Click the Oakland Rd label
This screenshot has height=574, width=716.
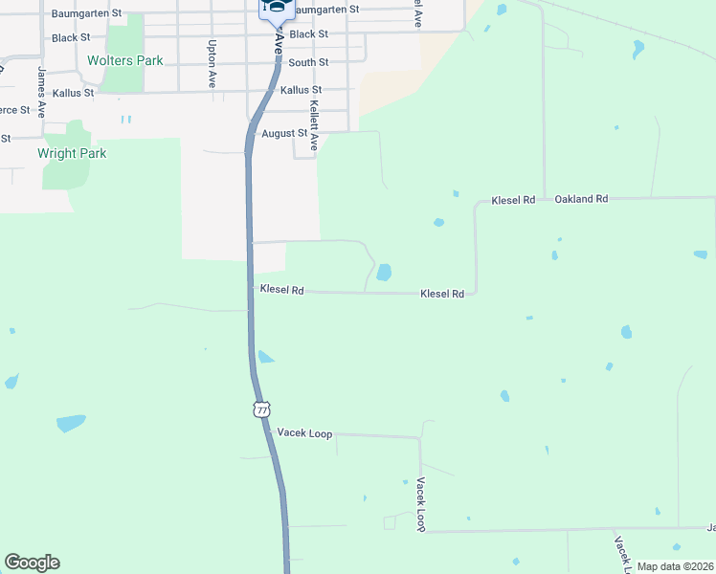click(581, 199)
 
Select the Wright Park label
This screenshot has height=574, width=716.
click(72, 153)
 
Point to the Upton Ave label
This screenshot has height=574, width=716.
click(212, 63)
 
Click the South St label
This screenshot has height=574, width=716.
click(308, 62)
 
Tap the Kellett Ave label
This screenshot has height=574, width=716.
click(314, 124)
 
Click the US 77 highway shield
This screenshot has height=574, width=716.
click(261, 408)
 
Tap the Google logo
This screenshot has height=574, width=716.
click(32, 563)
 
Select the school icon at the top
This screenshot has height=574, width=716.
click(276, 9)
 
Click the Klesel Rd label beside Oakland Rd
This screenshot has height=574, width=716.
click(513, 200)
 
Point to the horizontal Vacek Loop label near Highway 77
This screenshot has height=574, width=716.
click(304, 433)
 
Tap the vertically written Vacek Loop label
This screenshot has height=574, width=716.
click(419, 504)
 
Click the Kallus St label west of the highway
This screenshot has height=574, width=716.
click(73, 93)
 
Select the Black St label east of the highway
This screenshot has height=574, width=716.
click(309, 34)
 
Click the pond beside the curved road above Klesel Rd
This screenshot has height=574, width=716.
click(384, 273)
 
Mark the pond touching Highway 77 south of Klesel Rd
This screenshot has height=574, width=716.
click(264, 358)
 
